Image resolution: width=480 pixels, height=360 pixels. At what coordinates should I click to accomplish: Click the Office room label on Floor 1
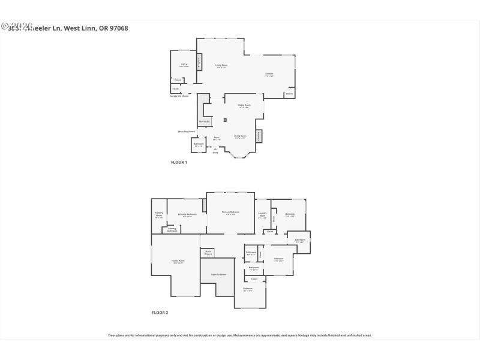pos(184,65)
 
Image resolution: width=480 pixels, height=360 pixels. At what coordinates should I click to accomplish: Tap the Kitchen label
pos(269,75)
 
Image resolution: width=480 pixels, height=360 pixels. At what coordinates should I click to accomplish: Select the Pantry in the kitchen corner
pos(289,94)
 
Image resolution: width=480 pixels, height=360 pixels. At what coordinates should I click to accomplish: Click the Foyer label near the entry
pos(217,139)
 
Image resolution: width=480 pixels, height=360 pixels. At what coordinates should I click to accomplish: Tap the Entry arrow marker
pos(215,150)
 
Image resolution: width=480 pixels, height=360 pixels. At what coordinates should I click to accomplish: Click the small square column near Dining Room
pos(225,120)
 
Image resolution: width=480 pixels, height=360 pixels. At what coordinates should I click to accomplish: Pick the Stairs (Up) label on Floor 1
pos(205,122)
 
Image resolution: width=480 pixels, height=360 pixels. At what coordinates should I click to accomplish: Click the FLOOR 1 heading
pos(179,162)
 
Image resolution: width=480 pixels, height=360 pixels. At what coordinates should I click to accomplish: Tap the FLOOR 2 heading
pos(160,313)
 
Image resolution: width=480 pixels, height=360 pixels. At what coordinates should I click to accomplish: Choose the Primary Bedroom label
pos(230,212)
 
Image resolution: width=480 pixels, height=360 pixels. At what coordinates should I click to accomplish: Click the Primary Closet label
pos(159,215)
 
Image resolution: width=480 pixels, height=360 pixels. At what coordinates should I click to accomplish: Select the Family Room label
pos(178,261)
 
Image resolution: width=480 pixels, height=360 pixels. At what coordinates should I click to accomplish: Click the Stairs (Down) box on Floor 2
pos(208,253)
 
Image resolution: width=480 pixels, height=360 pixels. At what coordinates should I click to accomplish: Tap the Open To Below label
pos(218,274)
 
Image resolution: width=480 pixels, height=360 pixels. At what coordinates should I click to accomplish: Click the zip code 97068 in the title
pos(118,28)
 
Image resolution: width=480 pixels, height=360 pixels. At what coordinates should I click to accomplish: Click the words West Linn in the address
pos(78,28)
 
